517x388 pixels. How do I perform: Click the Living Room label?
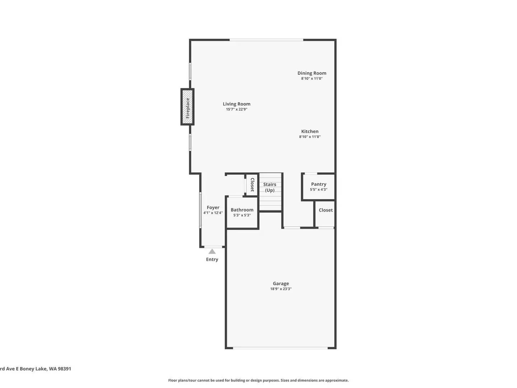click(x=237, y=104)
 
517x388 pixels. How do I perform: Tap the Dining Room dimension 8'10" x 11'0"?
click(x=312, y=78)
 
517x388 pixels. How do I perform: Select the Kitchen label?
click(x=309, y=131)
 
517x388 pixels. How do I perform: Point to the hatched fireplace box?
click(x=187, y=107)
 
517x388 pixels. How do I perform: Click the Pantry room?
click(x=318, y=187)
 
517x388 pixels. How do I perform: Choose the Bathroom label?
click(x=242, y=210)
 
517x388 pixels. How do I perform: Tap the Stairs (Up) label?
click(x=270, y=187)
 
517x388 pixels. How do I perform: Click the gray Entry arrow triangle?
click(x=212, y=251)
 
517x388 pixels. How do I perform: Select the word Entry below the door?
click(x=212, y=259)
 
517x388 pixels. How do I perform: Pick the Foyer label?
click(x=213, y=207)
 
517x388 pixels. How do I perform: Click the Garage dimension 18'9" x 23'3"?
click(x=281, y=289)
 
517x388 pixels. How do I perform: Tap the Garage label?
click(x=281, y=283)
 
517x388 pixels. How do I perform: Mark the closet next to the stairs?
click(x=252, y=185)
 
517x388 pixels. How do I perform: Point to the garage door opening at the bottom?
click(x=280, y=348)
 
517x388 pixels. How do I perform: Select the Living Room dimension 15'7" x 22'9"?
click(x=237, y=109)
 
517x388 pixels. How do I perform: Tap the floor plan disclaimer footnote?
click(x=258, y=380)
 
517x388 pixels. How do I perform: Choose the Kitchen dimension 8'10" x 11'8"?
click(x=309, y=137)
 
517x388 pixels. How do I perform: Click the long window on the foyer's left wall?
click(x=200, y=210)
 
